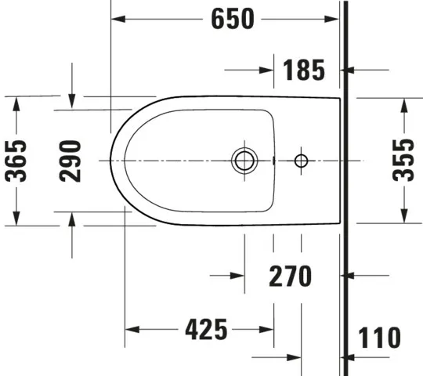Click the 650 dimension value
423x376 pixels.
click(x=233, y=19)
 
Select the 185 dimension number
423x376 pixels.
click(x=299, y=70)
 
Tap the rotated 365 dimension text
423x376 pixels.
click(x=16, y=160)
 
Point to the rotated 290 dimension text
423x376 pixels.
click(x=71, y=160)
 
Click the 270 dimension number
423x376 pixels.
click(x=290, y=276)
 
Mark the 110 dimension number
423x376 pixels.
click(x=378, y=338)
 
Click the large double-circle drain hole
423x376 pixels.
click(x=244, y=161)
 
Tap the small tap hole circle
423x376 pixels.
click(x=301, y=161)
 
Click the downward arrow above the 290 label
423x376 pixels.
click(x=71, y=103)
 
